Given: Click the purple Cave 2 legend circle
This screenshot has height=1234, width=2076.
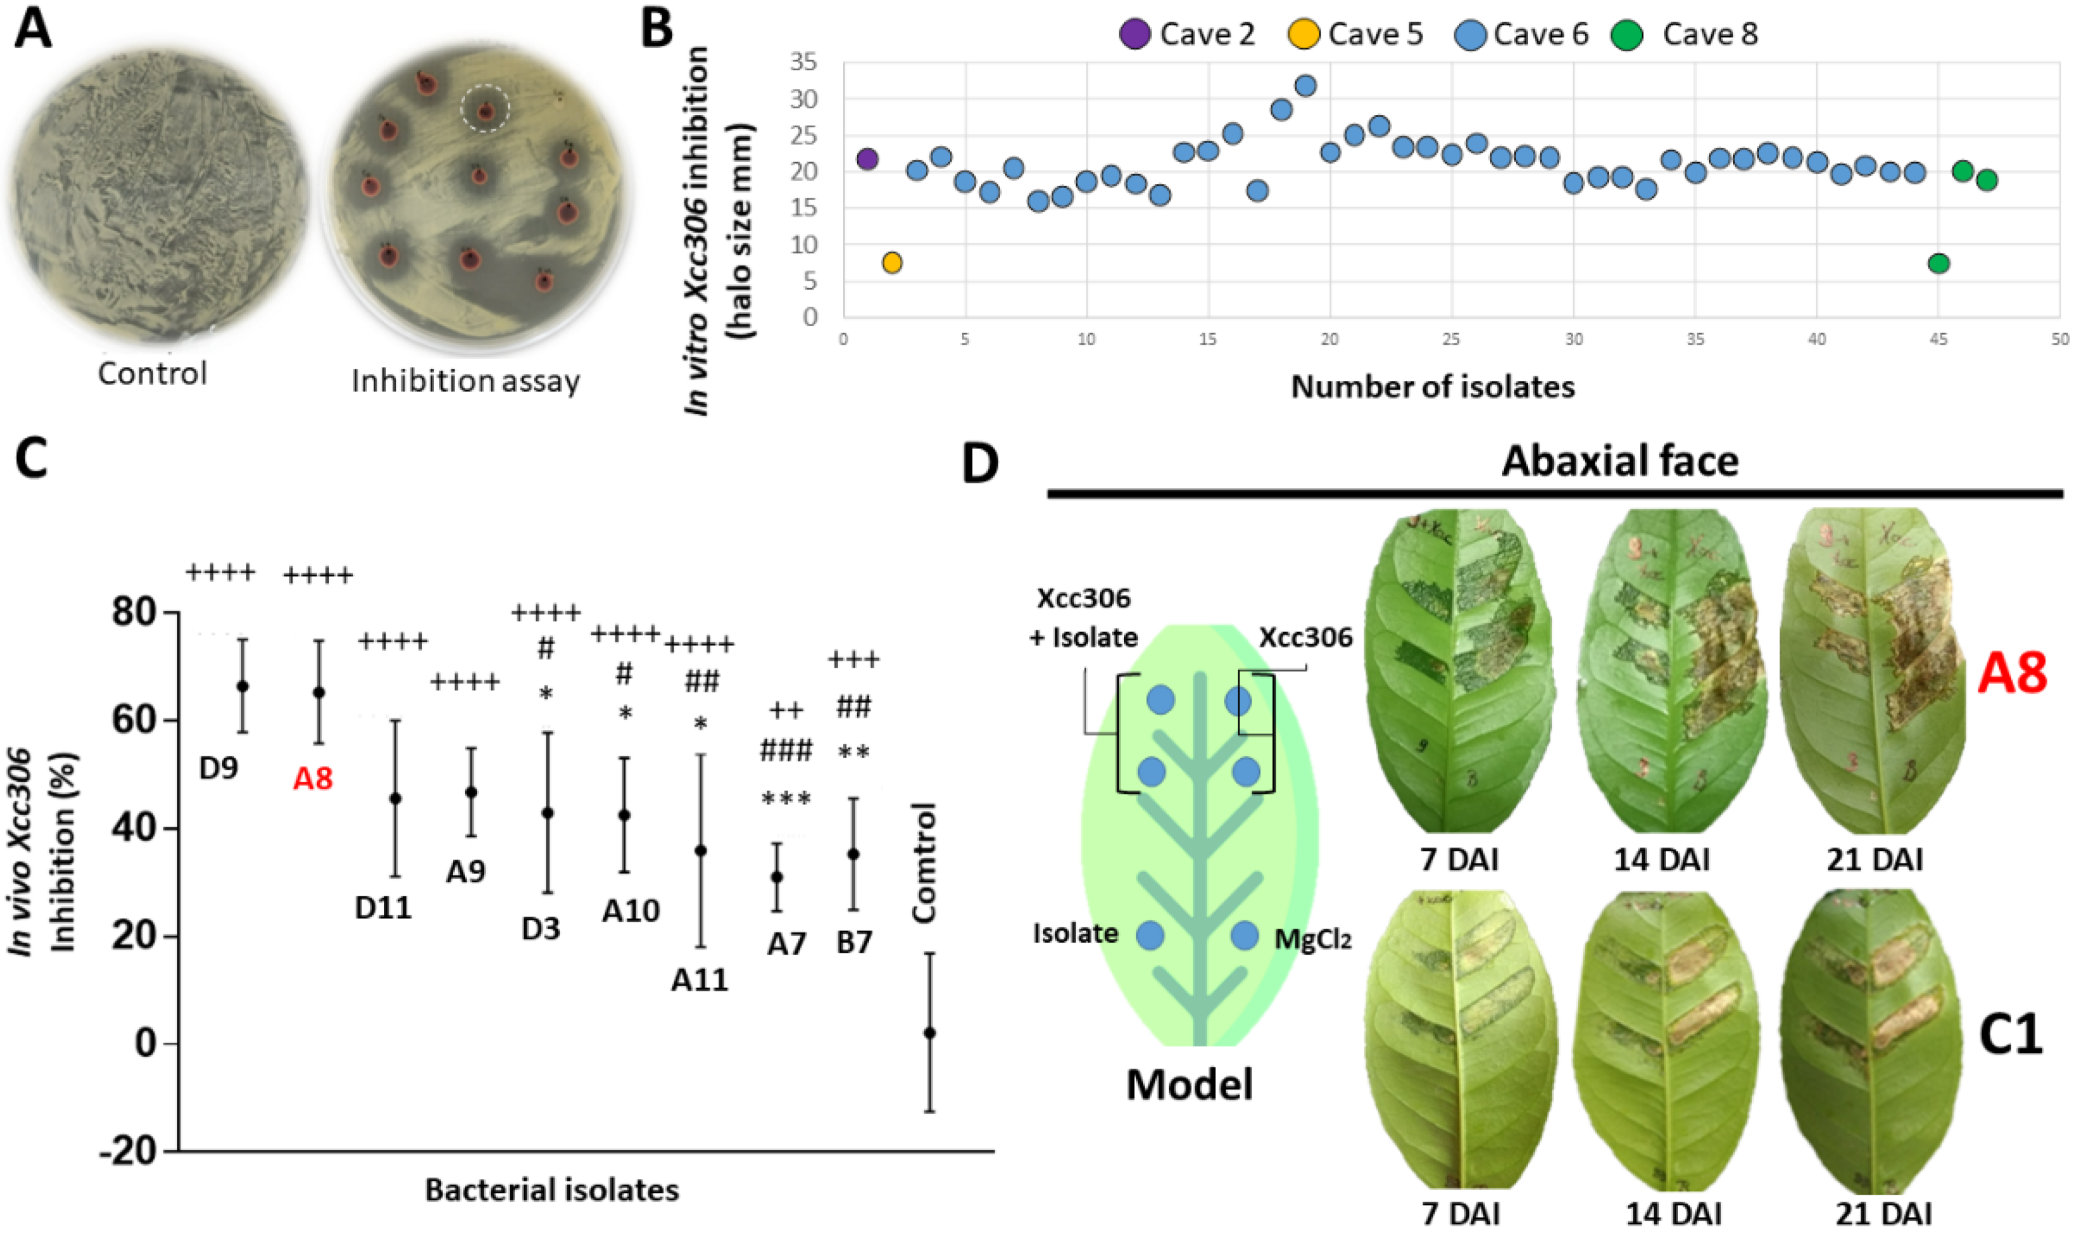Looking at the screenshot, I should (x=1134, y=34).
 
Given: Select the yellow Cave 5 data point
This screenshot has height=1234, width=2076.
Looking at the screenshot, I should (x=892, y=263).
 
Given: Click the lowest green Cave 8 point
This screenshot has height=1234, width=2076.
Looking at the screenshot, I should (x=1938, y=264).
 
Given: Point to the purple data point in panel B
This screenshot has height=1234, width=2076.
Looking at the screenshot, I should (x=867, y=159).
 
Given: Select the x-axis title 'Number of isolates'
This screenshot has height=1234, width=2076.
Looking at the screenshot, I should (x=1432, y=386).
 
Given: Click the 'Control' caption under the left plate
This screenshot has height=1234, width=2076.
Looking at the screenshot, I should (x=152, y=373).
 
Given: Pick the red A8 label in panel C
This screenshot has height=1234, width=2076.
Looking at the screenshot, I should (x=313, y=779).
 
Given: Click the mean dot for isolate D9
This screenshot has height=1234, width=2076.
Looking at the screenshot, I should (x=243, y=686).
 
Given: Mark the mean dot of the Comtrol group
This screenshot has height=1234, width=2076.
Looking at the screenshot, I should (x=929, y=1033).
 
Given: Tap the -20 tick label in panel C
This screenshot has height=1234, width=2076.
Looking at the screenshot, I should (x=127, y=1152).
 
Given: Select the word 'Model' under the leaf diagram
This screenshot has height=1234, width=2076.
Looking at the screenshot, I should (x=1189, y=1085).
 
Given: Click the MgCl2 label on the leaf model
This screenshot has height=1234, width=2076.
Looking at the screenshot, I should (x=1312, y=939).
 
